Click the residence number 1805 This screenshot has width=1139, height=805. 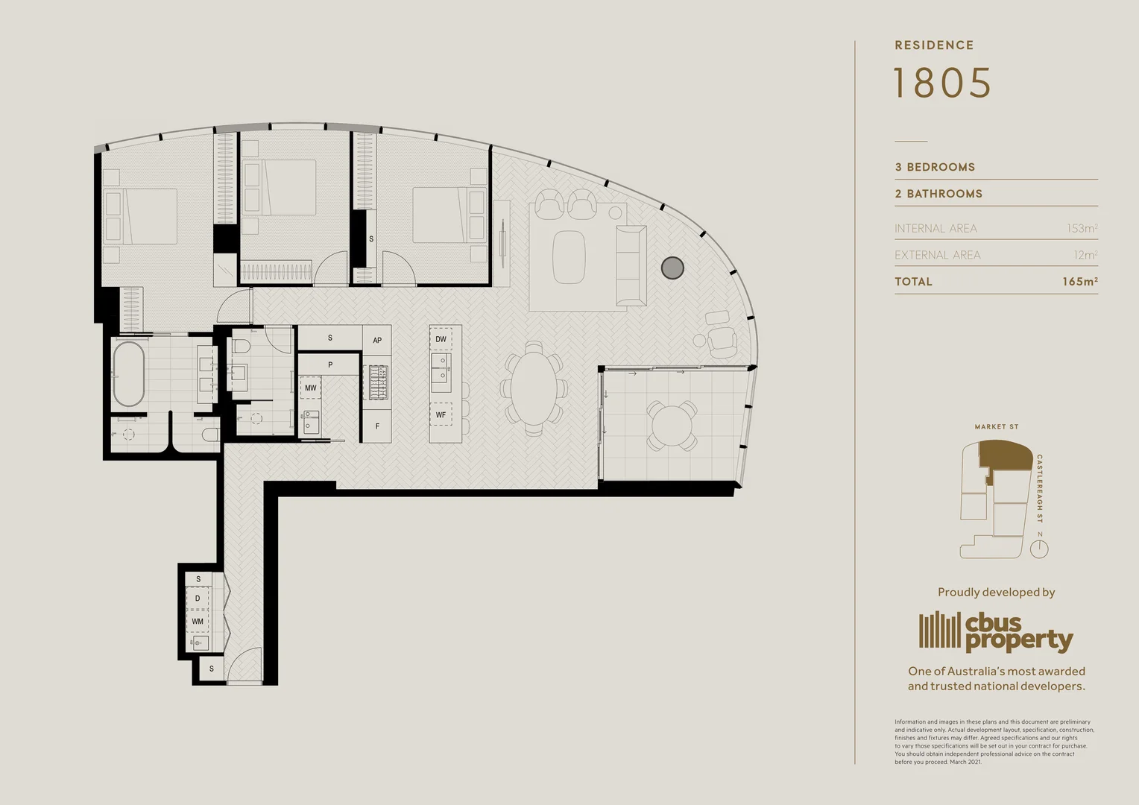tap(942, 83)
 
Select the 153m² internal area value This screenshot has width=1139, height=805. tap(1082, 228)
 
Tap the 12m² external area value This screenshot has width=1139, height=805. tap(1085, 255)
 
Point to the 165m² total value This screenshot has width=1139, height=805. tap(1079, 282)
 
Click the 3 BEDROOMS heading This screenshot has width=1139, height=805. tap(935, 167)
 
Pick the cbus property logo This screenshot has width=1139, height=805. tap(995, 631)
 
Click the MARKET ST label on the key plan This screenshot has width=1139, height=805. tap(996, 427)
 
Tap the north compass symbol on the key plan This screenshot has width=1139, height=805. tap(1039, 549)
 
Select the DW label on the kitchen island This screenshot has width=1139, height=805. tap(441, 339)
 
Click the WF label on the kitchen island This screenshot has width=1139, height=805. tap(441, 415)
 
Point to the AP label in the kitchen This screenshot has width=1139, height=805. tap(377, 340)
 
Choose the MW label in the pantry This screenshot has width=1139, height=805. tap(310, 388)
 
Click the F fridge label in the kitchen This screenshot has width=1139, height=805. tap(377, 426)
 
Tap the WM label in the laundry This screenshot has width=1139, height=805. tap(198, 621)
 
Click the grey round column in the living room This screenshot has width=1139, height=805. tap(672, 268)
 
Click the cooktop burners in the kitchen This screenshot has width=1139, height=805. tap(378, 382)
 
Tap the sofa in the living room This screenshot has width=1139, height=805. tap(631, 265)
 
